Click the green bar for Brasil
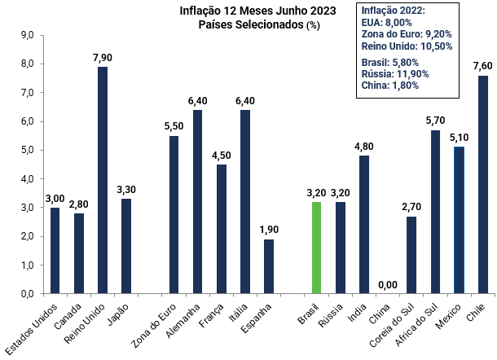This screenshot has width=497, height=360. coord(316,248)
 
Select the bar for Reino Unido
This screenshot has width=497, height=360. coord(103,180)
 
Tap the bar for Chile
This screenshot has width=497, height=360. coord(482,184)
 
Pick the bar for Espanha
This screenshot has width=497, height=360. coord(269,266)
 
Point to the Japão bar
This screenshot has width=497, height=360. coord(126,246)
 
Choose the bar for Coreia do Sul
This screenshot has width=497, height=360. coord(411,255)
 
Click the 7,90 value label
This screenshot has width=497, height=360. coord(103,56)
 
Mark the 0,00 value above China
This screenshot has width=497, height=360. coord(388,284)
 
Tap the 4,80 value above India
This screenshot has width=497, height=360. coord(364,147)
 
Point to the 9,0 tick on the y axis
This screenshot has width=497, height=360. coord(26,36)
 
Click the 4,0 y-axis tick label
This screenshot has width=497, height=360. coord(26,179)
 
